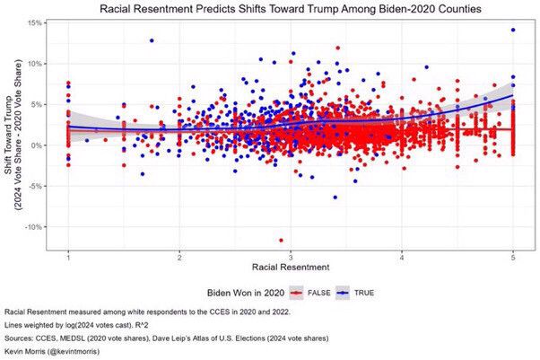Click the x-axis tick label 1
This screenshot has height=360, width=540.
68,258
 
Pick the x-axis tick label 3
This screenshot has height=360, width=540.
292,258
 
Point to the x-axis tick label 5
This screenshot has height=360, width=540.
513,258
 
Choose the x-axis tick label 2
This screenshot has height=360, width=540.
180,258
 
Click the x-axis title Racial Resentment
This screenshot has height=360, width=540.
292,268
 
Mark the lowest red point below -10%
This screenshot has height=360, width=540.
281,240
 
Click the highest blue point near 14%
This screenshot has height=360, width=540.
513,30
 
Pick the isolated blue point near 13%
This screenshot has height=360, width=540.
152,40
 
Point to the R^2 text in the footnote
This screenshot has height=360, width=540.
167,323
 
